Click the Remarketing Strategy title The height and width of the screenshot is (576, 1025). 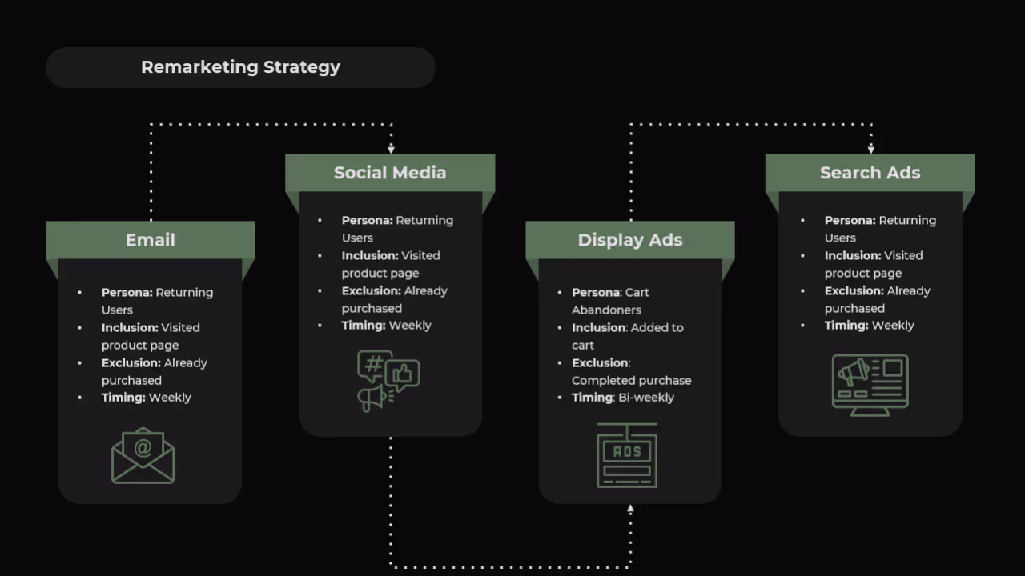pyautogui.click(x=240, y=67)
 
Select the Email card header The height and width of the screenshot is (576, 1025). pyautogui.click(x=150, y=240)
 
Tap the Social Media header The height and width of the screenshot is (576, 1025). pyautogui.click(x=390, y=173)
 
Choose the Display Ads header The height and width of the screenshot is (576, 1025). pyautogui.click(x=630, y=240)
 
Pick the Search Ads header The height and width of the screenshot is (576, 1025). pyautogui.click(x=870, y=173)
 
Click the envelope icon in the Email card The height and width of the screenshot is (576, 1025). pyautogui.click(x=143, y=455)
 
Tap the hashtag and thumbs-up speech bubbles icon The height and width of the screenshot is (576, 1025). pyautogui.click(x=388, y=381)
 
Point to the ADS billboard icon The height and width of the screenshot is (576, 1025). pyautogui.click(x=627, y=455)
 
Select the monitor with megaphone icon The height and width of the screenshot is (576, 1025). pyautogui.click(x=870, y=385)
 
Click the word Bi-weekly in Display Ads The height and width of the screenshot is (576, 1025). pyautogui.click(x=646, y=398)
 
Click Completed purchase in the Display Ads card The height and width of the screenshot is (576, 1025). pyautogui.click(x=631, y=381)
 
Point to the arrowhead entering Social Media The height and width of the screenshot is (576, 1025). pyautogui.click(x=391, y=149)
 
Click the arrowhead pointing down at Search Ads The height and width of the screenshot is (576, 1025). pyautogui.click(x=870, y=149)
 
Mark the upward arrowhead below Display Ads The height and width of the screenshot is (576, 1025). pyautogui.click(x=630, y=509)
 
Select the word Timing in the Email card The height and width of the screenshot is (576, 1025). pyautogui.click(x=123, y=398)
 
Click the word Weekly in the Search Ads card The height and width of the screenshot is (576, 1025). pyautogui.click(x=893, y=326)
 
